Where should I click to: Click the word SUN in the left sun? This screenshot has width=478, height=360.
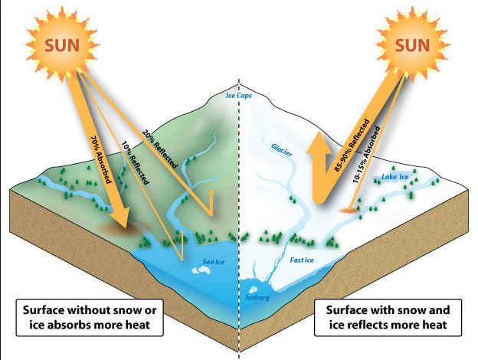[62, 45]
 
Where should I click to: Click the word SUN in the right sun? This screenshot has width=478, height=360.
[412, 45]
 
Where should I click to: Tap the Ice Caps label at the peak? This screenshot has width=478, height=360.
[239, 96]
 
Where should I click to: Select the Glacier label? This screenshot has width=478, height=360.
[281, 149]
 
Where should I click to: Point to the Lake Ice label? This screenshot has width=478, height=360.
[395, 177]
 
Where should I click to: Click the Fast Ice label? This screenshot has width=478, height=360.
[302, 260]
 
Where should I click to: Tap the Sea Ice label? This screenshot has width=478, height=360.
[214, 261]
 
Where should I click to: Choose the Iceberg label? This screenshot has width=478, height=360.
[257, 297]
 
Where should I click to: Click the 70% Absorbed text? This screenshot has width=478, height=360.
[100, 159]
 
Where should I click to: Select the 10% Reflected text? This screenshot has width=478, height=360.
[136, 162]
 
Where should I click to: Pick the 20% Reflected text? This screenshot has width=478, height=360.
[159, 149]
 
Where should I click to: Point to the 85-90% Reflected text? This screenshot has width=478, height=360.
[352, 145]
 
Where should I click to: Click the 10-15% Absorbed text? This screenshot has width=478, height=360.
[366, 155]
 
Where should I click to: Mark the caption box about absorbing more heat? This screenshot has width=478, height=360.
[90, 318]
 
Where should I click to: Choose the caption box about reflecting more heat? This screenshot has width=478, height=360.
[388, 318]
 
